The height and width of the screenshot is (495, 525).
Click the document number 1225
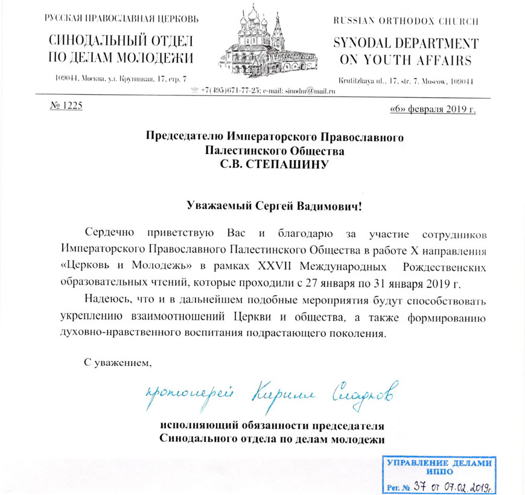63,106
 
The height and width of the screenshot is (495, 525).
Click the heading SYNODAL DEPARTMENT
406,44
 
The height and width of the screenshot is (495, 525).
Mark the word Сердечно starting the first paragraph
108,233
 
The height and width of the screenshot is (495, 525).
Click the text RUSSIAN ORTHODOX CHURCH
406,21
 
